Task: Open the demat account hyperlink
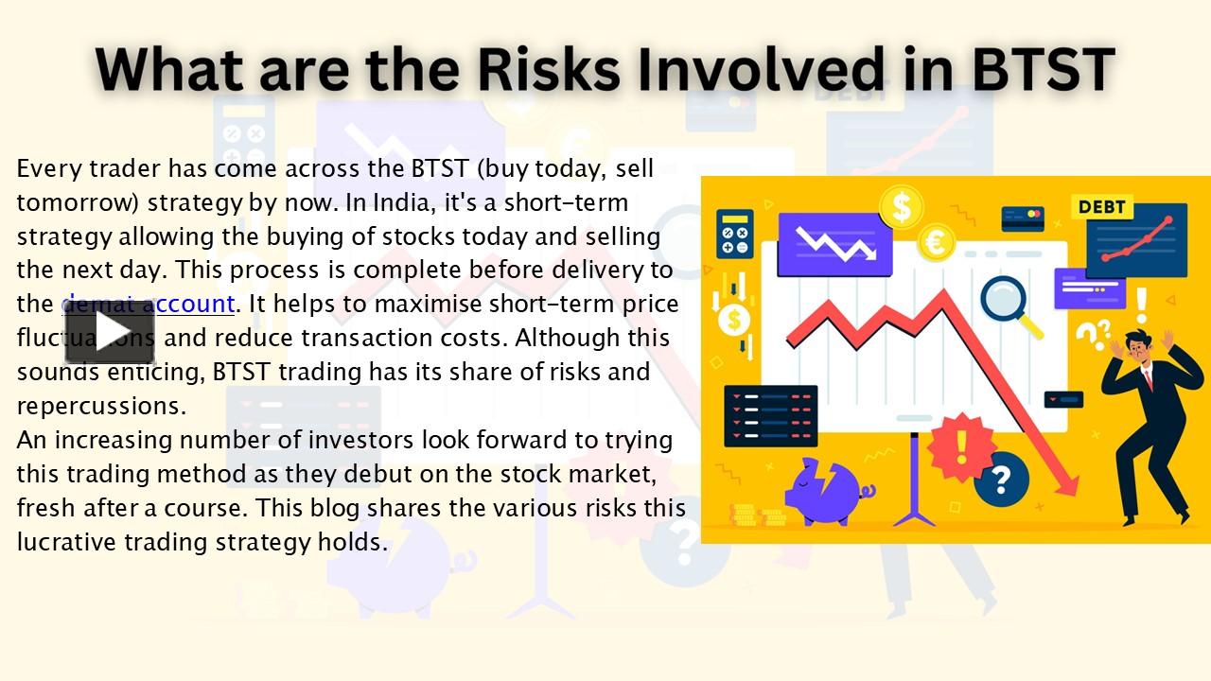(x=149, y=304)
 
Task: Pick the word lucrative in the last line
(x=79, y=542)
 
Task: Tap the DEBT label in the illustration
(x=1102, y=207)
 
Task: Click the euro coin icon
(x=937, y=243)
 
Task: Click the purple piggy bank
(x=822, y=489)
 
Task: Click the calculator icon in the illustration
(x=734, y=234)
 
